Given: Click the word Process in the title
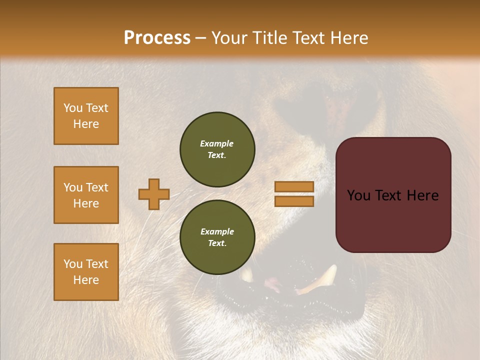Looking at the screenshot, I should click(157, 37).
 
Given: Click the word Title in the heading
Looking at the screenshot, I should click(268, 37).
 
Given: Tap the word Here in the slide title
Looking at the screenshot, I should click(347, 37).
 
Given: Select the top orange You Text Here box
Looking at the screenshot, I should click(86, 116).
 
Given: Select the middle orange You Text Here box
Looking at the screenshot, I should click(86, 195).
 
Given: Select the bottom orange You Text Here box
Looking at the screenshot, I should click(86, 272).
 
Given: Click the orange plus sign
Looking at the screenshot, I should click(154, 194).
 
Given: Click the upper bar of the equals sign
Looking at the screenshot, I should click(294, 187).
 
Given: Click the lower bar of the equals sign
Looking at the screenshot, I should click(294, 201).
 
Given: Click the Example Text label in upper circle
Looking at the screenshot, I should click(217, 149).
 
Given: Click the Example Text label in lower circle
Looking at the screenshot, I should click(217, 237).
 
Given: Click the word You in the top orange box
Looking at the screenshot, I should click(73, 108).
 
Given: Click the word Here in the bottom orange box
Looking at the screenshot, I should click(86, 280).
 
